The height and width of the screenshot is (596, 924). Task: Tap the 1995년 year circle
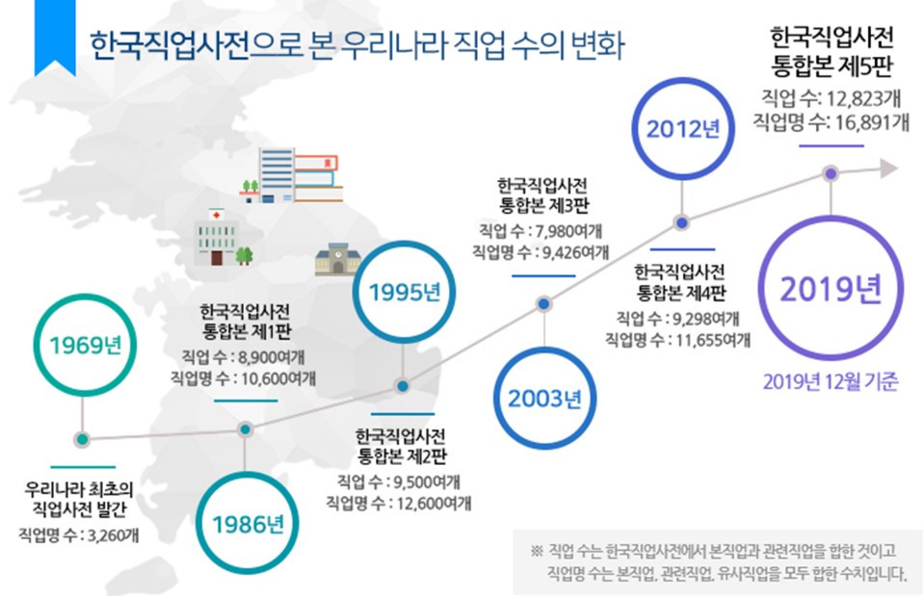tap(403, 292)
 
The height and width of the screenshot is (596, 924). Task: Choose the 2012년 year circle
tap(682, 129)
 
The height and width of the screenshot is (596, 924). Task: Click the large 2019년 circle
tap(831, 288)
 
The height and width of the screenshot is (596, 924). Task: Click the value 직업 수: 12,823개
tap(830, 96)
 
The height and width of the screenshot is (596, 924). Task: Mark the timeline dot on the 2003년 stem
tap(544, 304)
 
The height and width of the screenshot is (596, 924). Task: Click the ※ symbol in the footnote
tap(537, 552)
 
